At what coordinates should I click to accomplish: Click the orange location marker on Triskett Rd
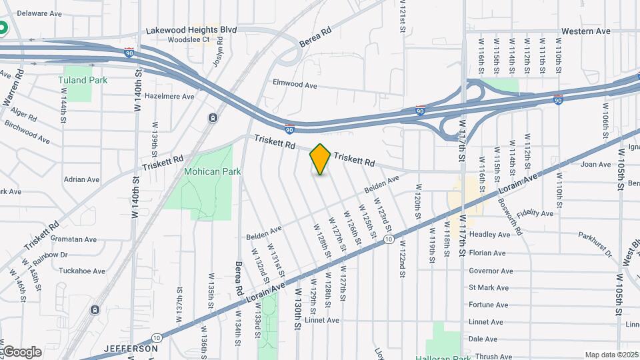(x=321, y=159)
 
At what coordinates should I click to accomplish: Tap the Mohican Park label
(x=213, y=171)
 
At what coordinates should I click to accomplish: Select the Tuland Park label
(x=82, y=80)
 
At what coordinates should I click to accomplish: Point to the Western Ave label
(x=585, y=31)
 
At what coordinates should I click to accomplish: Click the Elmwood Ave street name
(x=295, y=85)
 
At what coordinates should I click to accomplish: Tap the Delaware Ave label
(x=39, y=13)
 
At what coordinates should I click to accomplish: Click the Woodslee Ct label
(x=189, y=39)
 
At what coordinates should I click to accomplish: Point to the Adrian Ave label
(x=81, y=179)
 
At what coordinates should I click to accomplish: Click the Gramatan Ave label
(x=73, y=239)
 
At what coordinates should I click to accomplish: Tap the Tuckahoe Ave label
(x=81, y=271)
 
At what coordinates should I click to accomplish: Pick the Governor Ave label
(x=491, y=271)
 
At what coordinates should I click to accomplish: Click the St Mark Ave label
(x=489, y=288)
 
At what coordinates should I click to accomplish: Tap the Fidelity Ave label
(x=539, y=213)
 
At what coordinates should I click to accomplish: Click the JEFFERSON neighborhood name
(x=131, y=349)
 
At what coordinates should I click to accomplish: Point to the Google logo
(x=21, y=351)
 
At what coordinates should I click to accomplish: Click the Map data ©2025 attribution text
(x=609, y=355)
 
